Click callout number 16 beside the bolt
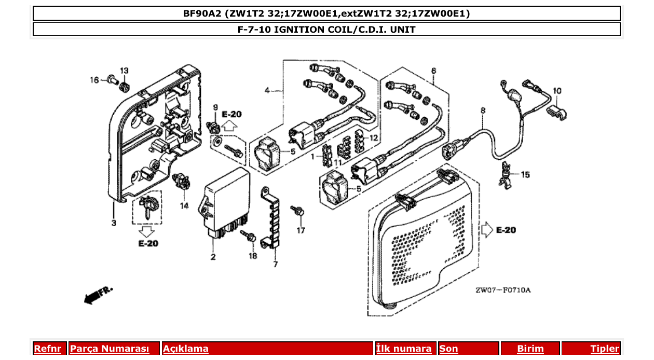click(x=94, y=80)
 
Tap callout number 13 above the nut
click(x=124, y=71)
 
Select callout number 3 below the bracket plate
click(x=113, y=223)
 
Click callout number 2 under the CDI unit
click(x=213, y=257)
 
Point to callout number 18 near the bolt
click(x=252, y=256)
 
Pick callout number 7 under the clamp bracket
click(x=275, y=265)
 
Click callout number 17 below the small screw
click(x=301, y=230)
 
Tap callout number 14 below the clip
click(x=184, y=206)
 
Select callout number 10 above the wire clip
click(x=556, y=91)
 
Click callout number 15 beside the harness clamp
click(x=526, y=175)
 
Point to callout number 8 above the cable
click(x=483, y=110)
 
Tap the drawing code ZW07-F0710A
click(x=503, y=290)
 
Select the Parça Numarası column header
click(x=110, y=349)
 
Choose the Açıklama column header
click(x=186, y=349)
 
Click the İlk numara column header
click(x=403, y=349)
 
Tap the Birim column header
click(x=530, y=349)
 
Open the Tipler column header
click(x=605, y=349)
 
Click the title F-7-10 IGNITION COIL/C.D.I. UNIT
click(x=326, y=30)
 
